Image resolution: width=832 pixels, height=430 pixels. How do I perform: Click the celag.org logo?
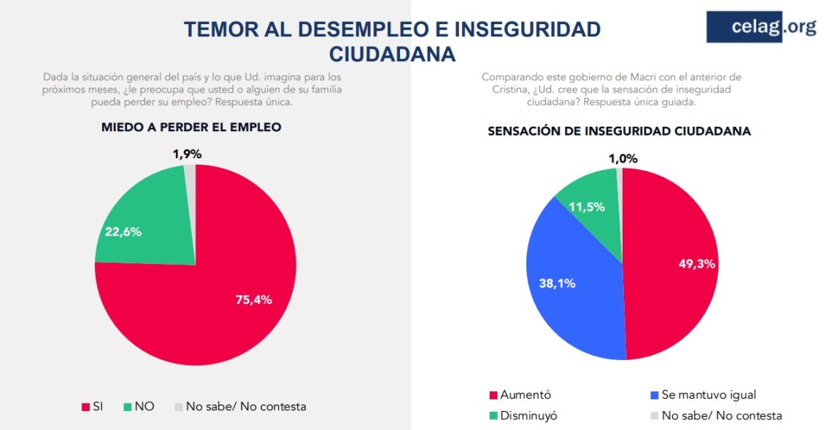click(761, 27)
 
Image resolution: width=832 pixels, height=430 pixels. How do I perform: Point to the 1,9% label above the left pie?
click(187, 154)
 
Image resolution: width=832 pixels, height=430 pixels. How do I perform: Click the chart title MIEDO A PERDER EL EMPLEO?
click(191, 127)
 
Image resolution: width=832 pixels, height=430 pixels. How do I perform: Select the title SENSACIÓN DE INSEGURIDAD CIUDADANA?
click(619, 131)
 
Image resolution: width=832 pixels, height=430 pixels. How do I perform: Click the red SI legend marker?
click(85, 407)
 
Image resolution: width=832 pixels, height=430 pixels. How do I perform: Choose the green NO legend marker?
click(127, 407)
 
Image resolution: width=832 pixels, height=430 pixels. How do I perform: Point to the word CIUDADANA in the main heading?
click(392, 55)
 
